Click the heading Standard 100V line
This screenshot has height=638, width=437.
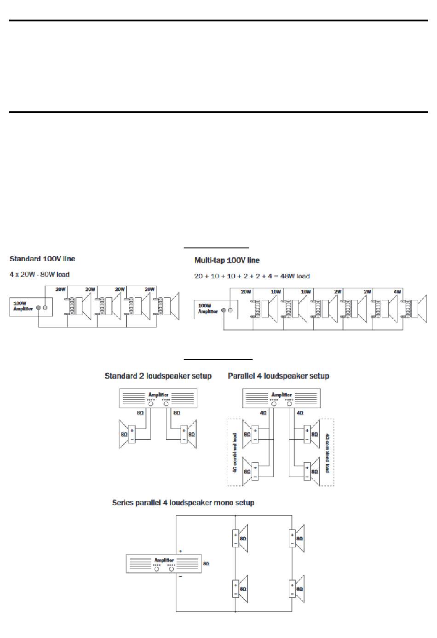click(42, 259)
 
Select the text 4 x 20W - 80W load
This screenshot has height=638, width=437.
click(40, 275)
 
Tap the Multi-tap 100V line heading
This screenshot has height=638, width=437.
click(227, 260)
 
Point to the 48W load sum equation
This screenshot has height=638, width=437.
click(252, 276)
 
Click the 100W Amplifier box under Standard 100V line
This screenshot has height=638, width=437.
click(31, 307)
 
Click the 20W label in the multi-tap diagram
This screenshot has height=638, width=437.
click(246, 292)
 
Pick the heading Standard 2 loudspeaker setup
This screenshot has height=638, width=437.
click(158, 376)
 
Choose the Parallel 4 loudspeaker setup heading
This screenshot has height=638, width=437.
click(278, 376)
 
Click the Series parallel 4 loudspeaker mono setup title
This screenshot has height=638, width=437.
click(183, 503)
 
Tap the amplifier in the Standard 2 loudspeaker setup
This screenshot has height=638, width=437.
click(158, 398)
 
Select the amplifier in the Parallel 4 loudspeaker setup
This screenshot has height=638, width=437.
click(282, 398)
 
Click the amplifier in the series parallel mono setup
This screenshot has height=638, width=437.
click(164, 563)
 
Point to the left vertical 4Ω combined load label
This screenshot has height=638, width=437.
click(235, 453)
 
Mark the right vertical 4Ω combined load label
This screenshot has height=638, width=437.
click(327, 453)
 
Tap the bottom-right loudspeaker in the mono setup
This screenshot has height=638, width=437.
click(297, 589)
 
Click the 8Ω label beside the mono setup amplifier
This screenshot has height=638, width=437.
click(206, 563)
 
